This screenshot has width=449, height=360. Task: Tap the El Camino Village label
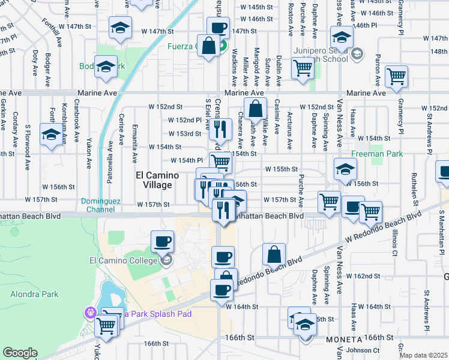point(154,180)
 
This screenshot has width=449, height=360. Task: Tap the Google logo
point(20,353)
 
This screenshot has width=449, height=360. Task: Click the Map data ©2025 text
point(423,355)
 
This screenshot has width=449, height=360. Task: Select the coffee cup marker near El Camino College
point(162,242)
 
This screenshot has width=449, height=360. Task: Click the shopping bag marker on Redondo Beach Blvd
point(274,255)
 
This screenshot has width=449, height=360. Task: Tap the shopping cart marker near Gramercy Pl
point(397,77)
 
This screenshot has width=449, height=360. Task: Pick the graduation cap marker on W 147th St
point(120,28)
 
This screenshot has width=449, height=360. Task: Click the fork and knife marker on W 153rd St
point(221,128)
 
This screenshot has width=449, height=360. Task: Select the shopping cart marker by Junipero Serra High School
point(303,68)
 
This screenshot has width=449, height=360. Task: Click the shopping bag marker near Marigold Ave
point(255,109)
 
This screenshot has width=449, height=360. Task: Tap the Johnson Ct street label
point(363,350)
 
